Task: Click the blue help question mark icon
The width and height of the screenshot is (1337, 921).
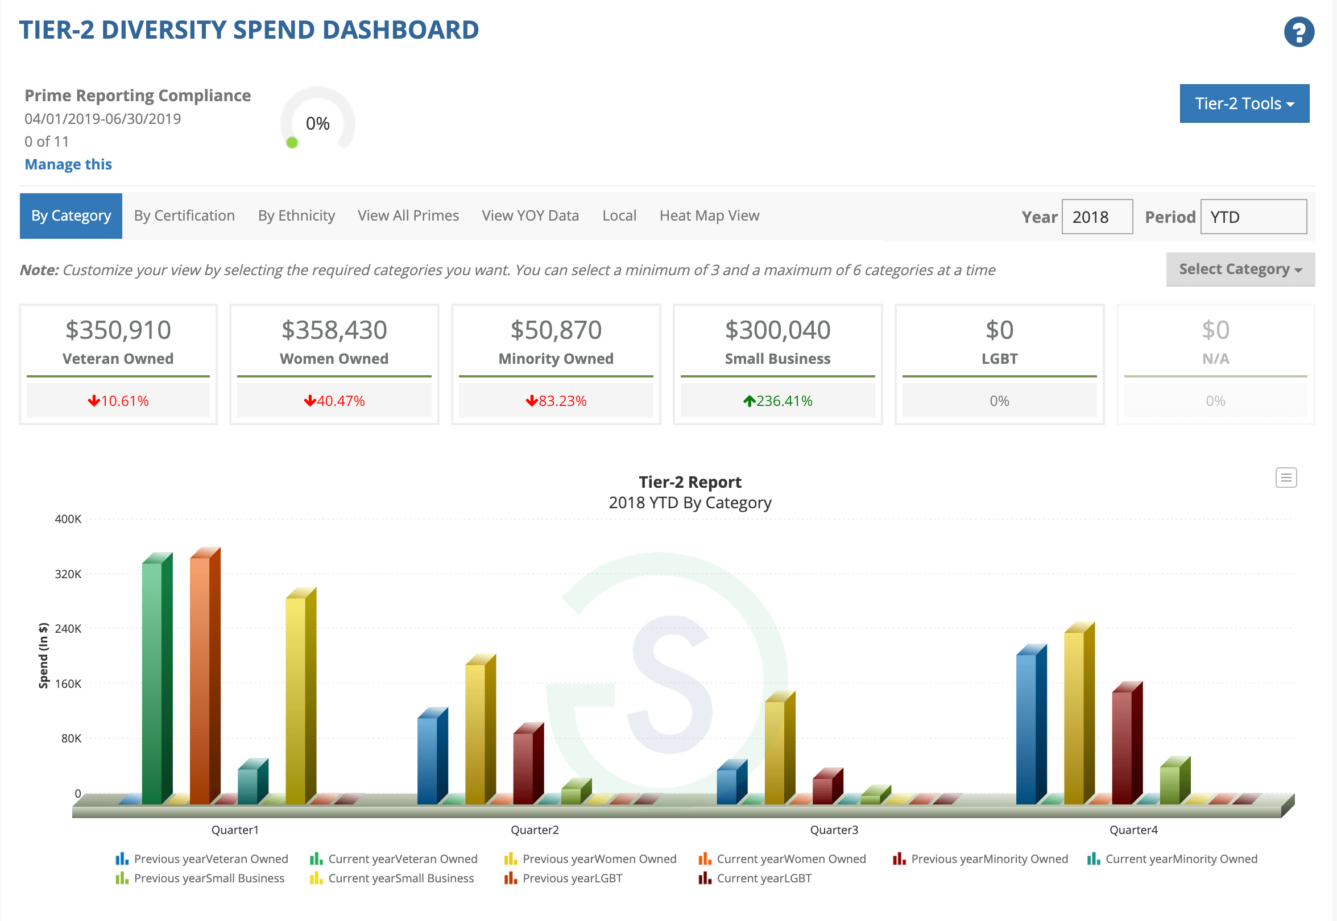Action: [1298, 32]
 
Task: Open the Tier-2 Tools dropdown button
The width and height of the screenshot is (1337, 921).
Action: [1244, 103]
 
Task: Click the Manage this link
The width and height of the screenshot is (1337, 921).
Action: [68, 164]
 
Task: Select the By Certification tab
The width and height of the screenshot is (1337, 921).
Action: [184, 216]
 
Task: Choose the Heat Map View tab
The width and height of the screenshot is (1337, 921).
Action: [709, 216]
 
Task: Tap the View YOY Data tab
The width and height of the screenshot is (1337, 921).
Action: [530, 216]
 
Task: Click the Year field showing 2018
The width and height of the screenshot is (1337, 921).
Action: [1096, 217]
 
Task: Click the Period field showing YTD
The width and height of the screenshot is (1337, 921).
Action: [1253, 217]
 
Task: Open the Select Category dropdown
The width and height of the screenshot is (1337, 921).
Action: [1239, 269]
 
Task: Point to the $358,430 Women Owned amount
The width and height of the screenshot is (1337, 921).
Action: [334, 331]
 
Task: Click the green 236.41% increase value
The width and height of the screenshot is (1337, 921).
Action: [777, 401]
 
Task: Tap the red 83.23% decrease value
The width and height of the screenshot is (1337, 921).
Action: [556, 401]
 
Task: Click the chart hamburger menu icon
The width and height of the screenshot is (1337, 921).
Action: [1286, 478]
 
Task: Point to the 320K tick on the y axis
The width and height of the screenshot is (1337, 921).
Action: [68, 574]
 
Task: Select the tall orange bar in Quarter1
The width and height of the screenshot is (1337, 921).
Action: [200, 681]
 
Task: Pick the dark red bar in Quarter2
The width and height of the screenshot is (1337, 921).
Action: [524, 767]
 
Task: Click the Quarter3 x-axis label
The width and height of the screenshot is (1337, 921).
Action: [834, 830]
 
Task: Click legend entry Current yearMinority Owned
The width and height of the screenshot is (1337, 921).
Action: [1181, 859]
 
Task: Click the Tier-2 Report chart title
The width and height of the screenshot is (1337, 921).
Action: [690, 482]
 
